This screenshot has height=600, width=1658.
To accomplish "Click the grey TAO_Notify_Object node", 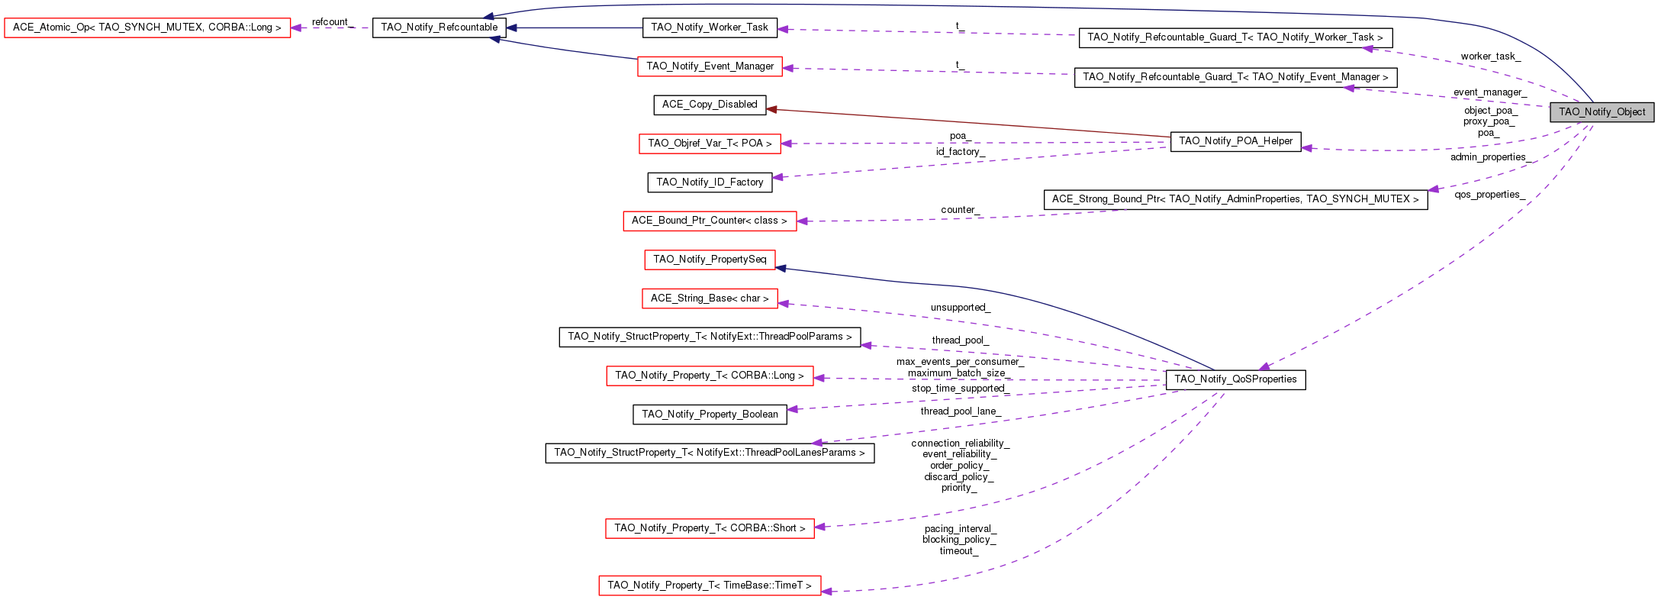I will click(1602, 112).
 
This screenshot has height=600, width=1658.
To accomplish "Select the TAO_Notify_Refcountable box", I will click(439, 27).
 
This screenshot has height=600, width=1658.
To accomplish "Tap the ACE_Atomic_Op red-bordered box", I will click(147, 27).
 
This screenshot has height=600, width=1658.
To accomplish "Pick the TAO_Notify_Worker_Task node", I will click(710, 27).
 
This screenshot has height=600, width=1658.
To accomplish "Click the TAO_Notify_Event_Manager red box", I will click(710, 66).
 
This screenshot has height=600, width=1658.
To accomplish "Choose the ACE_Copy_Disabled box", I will click(710, 105).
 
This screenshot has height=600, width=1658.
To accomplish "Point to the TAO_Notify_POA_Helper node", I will click(1235, 141).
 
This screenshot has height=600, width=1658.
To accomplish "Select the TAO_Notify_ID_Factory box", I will click(710, 182).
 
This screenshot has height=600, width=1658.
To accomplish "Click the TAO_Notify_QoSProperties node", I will click(1235, 379).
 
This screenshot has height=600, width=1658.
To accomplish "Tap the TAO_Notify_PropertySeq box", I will click(710, 260).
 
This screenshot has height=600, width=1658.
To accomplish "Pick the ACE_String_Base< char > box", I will click(710, 298).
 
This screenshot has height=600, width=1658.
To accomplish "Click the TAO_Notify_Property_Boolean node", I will click(710, 415).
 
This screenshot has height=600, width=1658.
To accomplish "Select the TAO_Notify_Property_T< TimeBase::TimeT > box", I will click(710, 585).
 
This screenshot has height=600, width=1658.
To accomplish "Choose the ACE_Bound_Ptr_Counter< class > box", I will click(710, 221).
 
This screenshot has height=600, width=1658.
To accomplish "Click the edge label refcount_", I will click(330, 22).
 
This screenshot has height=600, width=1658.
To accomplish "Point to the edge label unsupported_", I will click(960, 308).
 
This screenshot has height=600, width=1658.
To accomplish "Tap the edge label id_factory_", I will click(960, 152).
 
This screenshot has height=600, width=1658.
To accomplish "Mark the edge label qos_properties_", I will click(1489, 195).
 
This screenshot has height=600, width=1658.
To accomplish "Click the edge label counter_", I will click(960, 210).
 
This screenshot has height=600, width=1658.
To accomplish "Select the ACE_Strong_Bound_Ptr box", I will click(1235, 199).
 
